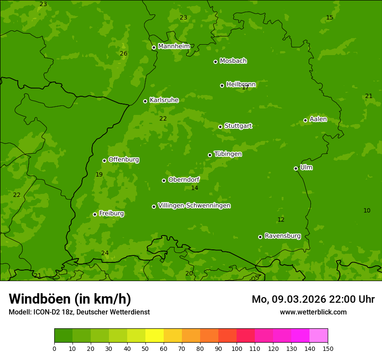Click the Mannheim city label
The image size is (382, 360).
tap(174, 46)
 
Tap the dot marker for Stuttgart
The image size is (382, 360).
tap(220, 127)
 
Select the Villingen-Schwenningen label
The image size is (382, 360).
tap(194, 206)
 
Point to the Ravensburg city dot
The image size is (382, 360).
tap(260, 237)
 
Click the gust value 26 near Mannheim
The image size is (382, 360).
tap(124, 53)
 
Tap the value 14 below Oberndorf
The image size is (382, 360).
tap(194, 188)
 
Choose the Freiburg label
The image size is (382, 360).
tap(111, 213)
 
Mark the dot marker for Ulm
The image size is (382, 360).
tap(296, 168)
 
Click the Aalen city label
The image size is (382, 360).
tap(318, 119)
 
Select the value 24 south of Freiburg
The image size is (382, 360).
tap(105, 253)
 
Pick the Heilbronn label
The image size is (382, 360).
tap(241, 84)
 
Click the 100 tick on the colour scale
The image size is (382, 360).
tap(237, 348)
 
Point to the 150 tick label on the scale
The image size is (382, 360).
tap(328, 348)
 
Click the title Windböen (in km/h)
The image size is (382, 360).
tap(70, 299)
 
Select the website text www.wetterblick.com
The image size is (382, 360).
tap(313, 312)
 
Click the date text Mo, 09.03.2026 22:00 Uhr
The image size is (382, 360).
tap(313, 299)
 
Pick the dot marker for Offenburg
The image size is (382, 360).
tap(104, 160)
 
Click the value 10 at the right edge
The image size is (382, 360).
tap(367, 210)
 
